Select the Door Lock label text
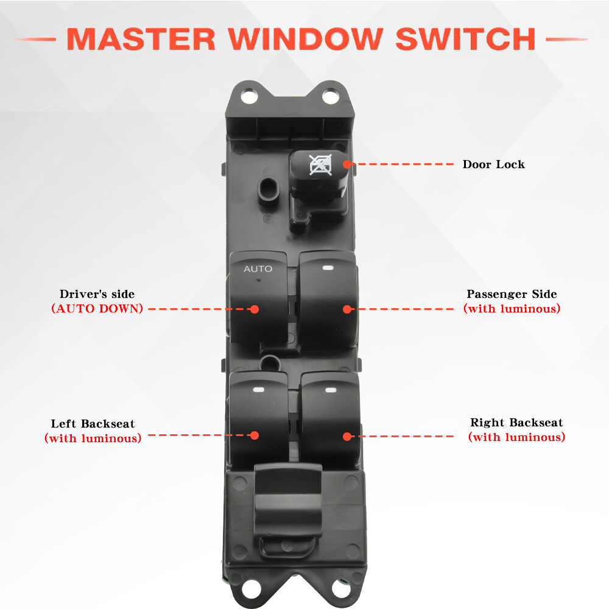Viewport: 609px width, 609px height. tap(493, 164)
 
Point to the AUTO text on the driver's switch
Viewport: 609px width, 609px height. tap(258, 269)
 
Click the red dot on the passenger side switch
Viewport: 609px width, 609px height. tap(347, 309)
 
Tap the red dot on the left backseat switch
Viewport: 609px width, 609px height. tap(255, 435)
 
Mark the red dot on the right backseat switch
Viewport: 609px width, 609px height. tap(347, 436)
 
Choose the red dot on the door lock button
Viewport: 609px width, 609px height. tap(347, 164)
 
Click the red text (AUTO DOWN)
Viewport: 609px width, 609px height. tap(97, 308)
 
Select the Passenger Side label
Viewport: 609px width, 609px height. tap(512, 294)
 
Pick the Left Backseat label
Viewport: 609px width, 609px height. tap(93, 424)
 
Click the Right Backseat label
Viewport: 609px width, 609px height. tap(516, 423)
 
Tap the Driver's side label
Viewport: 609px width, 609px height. tap(97, 294)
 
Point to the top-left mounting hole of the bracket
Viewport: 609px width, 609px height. tap(247, 96)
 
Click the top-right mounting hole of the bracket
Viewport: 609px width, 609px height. tap(329, 96)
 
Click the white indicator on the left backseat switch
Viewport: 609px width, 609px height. tap(257, 389)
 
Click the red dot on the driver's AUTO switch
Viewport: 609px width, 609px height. tap(255, 309)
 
